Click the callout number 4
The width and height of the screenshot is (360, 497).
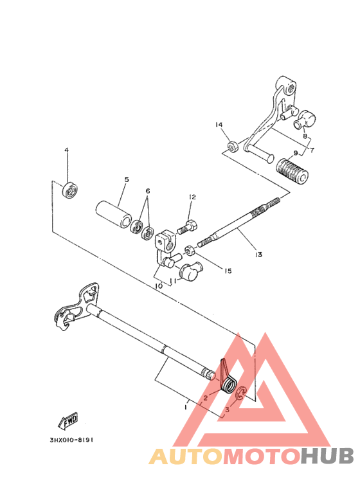[x=67, y=150]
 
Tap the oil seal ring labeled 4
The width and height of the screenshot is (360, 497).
[x=69, y=190]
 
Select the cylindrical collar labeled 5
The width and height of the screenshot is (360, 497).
[x=113, y=214]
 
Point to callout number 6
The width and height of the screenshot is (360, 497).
[x=148, y=191]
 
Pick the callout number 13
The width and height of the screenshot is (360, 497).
[x=258, y=254]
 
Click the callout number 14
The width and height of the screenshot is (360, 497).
[x=219, y=125]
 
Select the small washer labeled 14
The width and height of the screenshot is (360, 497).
[x=233, y=146]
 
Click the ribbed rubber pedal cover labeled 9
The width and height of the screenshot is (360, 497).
[x=292, y=171]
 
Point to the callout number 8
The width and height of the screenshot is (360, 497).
[x=305, y=136]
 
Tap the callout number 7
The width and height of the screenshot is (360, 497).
[x=312, y=150]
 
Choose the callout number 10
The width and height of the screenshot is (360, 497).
[x=159, y=286]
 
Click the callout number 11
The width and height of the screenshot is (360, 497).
[x=173, y=281]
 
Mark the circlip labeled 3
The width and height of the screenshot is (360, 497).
[x=240, y=393]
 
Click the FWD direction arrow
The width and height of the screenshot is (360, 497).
[x=68, y=421]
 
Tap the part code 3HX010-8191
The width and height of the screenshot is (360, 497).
[x=71, y=440]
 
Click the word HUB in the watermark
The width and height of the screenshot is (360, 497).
[x=327, y=456]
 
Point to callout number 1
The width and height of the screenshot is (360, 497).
[x=186, y=406]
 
